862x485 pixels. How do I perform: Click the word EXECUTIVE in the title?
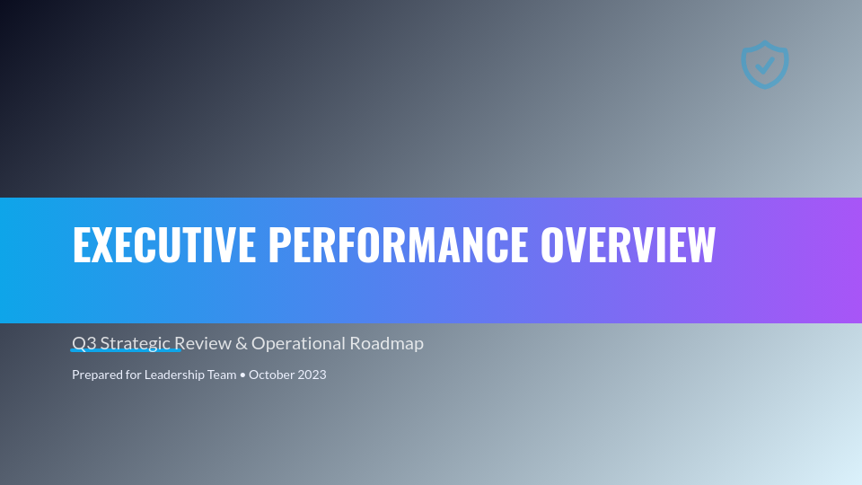(163, 244)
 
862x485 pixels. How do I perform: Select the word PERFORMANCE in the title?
(398, 244)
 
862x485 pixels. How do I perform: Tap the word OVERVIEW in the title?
(628, 244)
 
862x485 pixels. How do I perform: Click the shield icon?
(765, 66)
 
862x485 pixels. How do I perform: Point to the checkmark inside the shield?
(765, 65)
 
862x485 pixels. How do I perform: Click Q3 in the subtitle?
(84, 343)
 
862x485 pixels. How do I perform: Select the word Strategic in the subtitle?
(135, 343)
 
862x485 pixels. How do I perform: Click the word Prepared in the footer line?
(97, 375)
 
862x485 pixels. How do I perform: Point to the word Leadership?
(176, 375)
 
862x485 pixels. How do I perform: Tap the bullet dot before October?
(243, 375)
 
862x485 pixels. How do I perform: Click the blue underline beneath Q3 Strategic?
(126, 351)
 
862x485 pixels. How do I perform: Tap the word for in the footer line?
(134, 375)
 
